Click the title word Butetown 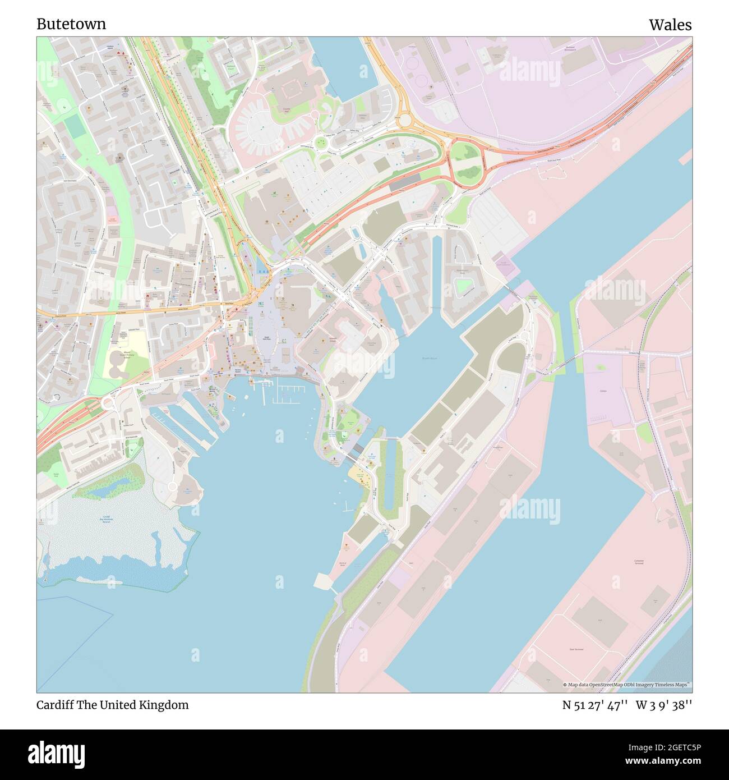tap(71, 24)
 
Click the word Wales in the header tap(670, 25)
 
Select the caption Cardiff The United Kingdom tap(112, 705)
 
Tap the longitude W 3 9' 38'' tap(664, 705)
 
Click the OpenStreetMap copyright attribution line tap(626, 685)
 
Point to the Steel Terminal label tap(576, 649)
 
